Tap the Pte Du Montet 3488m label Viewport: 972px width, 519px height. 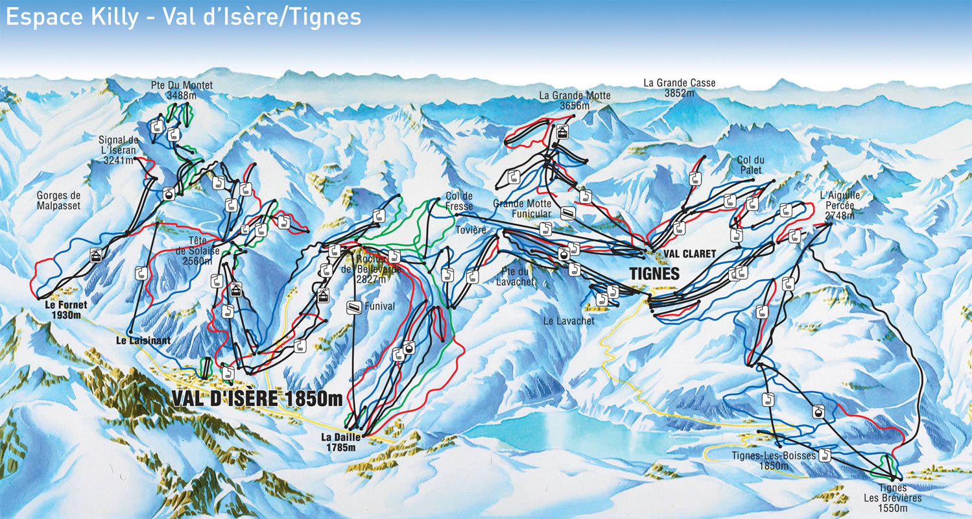182,90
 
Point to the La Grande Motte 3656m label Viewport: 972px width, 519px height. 575,101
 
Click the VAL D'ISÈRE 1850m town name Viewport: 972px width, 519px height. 257,397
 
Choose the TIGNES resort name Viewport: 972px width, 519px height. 654,274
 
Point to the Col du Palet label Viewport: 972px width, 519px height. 749,165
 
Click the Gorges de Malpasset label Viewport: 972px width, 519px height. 58,200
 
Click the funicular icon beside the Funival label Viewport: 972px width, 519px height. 353,308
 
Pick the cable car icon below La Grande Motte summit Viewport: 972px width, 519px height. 562,132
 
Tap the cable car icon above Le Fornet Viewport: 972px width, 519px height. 95,255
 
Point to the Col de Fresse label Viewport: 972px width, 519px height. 459,200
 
